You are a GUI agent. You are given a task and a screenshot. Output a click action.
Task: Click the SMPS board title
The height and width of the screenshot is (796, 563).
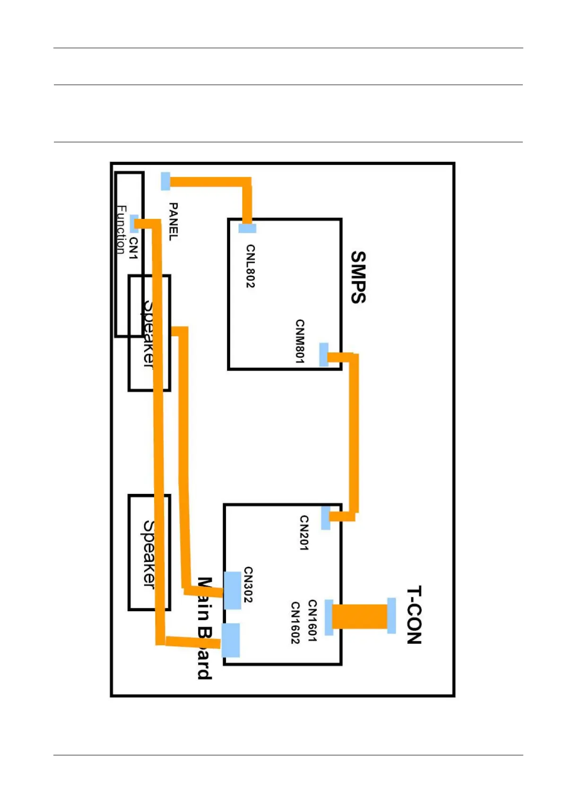point(358,277)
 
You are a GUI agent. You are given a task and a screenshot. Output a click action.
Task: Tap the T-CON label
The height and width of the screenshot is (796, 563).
point(414,615)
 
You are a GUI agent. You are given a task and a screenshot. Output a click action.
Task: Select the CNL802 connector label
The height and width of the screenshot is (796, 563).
point(251,266)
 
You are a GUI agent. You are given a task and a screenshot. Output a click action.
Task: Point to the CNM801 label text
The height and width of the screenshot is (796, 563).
point(300,341)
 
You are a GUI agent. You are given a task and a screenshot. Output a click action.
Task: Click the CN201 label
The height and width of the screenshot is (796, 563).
point(304,533)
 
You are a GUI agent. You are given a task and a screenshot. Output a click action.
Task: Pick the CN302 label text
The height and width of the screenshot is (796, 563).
point(248,585)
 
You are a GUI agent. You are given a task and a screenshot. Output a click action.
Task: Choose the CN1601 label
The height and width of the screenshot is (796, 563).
point(312,621)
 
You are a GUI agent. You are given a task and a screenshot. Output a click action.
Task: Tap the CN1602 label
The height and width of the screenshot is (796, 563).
point(295,623)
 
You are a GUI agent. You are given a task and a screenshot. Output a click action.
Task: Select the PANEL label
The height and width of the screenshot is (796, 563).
point(173,222)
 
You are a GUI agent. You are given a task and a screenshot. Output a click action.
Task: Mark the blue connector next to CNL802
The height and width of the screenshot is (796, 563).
point(247,228)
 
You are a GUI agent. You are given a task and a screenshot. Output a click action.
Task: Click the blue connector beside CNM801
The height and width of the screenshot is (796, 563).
point(324,355)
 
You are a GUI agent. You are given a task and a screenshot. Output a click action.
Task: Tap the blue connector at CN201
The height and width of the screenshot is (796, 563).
point(326,518)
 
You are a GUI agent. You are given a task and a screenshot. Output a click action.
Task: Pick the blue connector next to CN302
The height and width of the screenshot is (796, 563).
point(232,590)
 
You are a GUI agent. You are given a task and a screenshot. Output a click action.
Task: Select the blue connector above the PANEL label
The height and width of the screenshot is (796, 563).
point(165,181)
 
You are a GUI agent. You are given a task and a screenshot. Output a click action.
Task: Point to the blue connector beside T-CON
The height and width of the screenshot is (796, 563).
point(391,615)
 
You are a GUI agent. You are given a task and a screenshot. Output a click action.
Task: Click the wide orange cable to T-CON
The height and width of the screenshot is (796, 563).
point(360,616)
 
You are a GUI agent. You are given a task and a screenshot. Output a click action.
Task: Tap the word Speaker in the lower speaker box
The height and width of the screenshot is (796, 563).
point(149,554)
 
